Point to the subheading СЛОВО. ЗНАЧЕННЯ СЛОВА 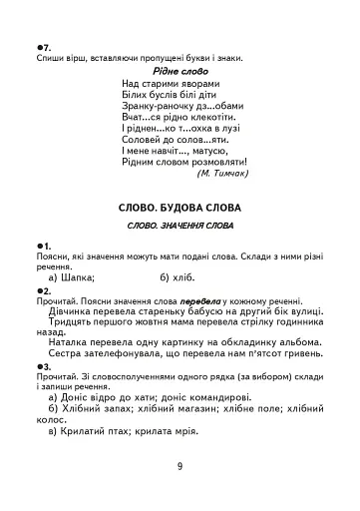[x=180, y=228]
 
